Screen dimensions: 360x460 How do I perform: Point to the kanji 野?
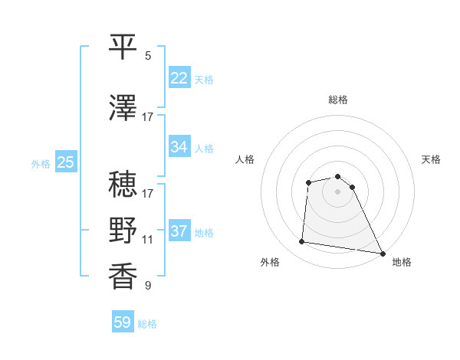click(x=123, y=230)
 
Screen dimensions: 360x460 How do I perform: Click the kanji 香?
click(x=123, y=276)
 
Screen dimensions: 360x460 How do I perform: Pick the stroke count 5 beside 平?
click(x=148, y=56)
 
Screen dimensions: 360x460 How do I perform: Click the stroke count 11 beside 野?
click(x=148, y=240)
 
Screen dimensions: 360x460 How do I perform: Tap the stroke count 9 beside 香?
click(x=148, y=286)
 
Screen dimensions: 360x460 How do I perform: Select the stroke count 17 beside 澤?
click(x=148, y=117)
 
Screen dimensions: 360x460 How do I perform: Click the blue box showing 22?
click(x=179, y=78)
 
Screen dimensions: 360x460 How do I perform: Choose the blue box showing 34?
click(x=179, y=147)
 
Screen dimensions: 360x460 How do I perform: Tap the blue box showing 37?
click(x=179, y=231)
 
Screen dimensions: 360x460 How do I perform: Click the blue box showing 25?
click(x=65, y=162)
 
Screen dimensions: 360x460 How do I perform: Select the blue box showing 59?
click(x=123, y=322)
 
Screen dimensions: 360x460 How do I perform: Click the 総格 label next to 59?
click(x=148, y=324)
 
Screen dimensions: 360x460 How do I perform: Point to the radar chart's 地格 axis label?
click(x=402, y=263)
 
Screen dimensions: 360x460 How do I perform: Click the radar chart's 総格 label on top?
click(x=338, y=100)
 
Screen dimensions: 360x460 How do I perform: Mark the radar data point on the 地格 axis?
click(x=383, y=254)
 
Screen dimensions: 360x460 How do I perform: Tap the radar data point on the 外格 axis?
click(x=302, y=242)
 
